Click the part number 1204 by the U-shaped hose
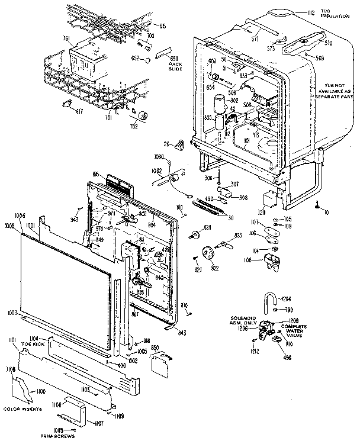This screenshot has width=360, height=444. click(286, 298)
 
